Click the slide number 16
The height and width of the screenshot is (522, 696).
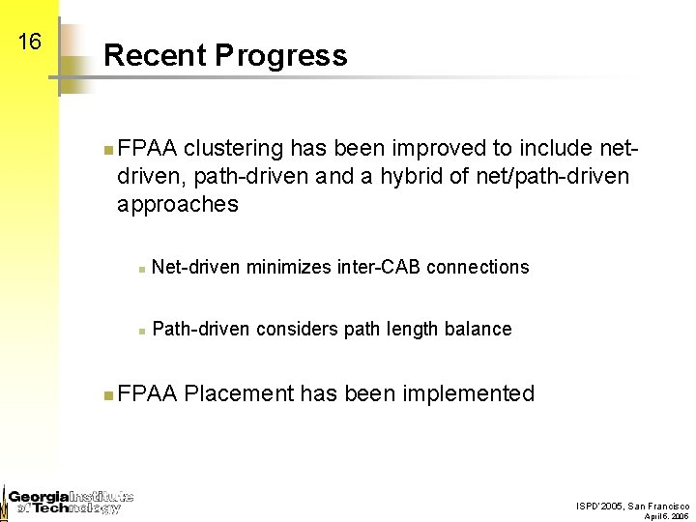(x=29, y=43)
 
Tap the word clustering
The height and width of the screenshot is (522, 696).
(x=233, y=149)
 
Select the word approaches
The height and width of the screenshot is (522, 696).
(x=177, y=204)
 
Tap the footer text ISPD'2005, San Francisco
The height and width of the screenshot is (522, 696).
(x=632, y=506)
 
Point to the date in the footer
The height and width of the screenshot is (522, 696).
(x=666, y=516)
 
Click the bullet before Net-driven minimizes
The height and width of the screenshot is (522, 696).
(x=141, y=268)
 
